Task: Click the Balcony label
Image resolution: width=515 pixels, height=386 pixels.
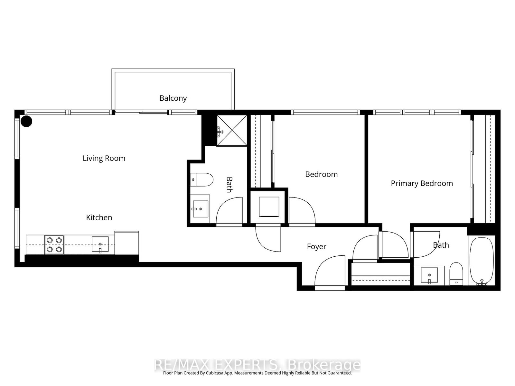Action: tap(173, 98)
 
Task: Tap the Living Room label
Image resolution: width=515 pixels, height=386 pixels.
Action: tap(104, 158)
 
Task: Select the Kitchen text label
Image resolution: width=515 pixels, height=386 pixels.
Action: tap(99, 217)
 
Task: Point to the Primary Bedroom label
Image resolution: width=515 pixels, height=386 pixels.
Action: tap(422, 183)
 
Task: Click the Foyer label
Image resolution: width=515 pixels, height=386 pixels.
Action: tap(316, 246)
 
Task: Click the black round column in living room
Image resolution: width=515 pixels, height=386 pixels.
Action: tap(26, 121)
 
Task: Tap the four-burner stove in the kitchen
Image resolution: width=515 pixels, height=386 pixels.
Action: tap(54, 244)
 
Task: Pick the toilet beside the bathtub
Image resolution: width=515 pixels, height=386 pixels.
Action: tap(456, 273)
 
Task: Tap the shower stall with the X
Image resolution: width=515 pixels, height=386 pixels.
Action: tap(232, 130)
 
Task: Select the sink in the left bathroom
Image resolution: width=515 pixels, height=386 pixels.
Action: tap(200, 209)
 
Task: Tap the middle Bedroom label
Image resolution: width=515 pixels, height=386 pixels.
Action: tap(321, 174)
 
